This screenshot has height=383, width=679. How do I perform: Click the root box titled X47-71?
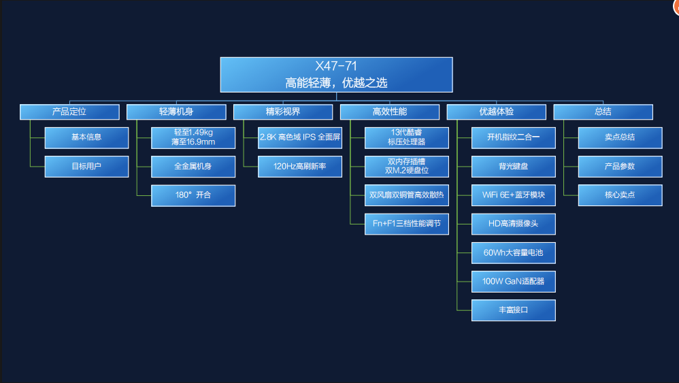pos(337,74)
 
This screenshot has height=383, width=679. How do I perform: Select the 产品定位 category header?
pos(69,112)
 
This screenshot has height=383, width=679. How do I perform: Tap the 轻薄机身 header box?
pos(176,112)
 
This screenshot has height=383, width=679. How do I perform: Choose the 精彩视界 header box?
pos(283,112)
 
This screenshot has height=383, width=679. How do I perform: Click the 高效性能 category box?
pos(390,112)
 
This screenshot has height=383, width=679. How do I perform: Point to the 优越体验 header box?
pos(496,112)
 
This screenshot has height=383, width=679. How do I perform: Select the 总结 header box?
pos(603,112)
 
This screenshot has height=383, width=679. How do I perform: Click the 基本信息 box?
pos(86,137)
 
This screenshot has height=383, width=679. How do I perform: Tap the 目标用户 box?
pos(86,167)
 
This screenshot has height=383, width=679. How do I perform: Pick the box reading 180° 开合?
pos(193,196)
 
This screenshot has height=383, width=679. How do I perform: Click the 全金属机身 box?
pos(193,167)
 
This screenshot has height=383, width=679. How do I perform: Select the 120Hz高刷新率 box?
pos(299,167)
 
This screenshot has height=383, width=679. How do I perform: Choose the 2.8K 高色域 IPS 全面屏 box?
pos(299,137)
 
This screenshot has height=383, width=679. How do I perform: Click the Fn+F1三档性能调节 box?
pos(407,224)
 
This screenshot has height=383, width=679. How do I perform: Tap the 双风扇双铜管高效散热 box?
pos(407,195)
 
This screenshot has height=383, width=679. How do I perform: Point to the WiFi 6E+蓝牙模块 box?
pos(514,195)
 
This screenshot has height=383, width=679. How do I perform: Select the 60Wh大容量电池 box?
pos(514,253)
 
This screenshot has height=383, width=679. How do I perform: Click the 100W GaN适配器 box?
pos(514,282)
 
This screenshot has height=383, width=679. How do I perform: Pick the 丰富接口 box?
pos(514,310)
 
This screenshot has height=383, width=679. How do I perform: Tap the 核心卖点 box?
pos(620,195)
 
